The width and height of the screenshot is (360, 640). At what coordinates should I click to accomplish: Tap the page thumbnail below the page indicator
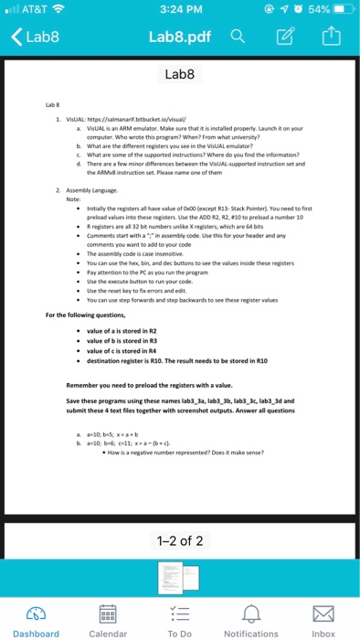click(x=179, y=574)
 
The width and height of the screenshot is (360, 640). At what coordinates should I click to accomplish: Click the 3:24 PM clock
click(x=179, y=11)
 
